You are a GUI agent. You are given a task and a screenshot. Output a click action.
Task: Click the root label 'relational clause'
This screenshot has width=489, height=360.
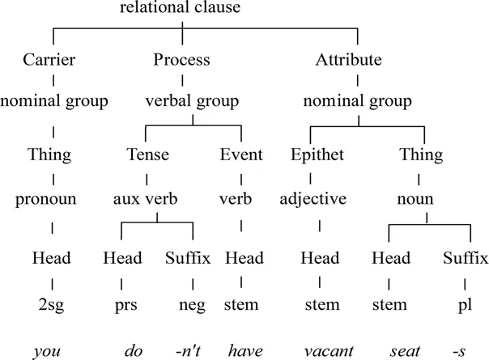181,10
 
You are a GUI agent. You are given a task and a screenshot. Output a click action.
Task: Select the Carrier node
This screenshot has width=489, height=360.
53,61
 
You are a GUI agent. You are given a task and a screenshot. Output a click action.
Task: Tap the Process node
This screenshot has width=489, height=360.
181,61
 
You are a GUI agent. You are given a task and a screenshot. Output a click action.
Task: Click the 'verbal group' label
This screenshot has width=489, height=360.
191,101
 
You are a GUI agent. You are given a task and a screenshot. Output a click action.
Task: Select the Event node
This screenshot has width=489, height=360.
241,155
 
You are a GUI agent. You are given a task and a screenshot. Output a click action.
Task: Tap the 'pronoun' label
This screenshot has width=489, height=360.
53,198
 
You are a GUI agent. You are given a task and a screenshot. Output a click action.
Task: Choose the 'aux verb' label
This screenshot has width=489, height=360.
144,198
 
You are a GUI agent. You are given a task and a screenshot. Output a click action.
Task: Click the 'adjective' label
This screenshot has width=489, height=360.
318,198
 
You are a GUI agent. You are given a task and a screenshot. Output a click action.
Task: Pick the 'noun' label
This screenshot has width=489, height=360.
421,198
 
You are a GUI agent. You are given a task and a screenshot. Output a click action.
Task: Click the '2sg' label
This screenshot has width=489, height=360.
53,305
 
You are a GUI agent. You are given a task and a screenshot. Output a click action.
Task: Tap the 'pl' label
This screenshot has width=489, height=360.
466,305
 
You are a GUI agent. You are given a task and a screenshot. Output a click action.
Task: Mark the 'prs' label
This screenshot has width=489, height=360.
121,305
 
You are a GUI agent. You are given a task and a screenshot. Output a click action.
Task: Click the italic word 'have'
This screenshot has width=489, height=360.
242,349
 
